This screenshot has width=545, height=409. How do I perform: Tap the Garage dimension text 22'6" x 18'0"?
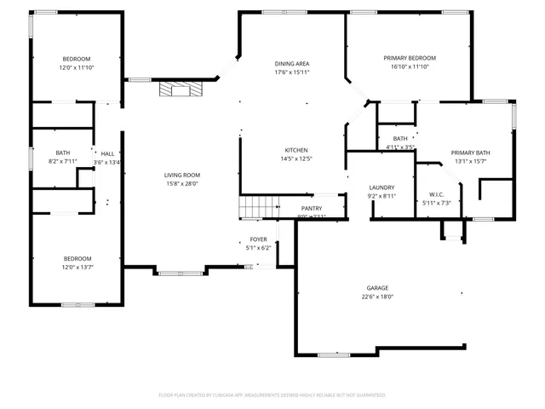click(377, 297)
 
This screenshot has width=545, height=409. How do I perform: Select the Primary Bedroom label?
click(410, 57)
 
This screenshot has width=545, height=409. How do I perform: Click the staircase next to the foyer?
click(258, 207)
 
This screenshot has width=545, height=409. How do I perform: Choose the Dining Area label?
click(291, 64)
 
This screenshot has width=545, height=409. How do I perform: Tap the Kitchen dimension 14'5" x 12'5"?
click(295, 158)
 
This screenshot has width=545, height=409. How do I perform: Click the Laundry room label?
click(381, 187)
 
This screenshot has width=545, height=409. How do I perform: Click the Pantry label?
click(312, 208)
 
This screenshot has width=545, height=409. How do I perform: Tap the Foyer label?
click(258, 239)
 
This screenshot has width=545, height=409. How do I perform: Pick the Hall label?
click(107, 153)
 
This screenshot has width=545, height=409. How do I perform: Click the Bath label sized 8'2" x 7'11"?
click(63, 153)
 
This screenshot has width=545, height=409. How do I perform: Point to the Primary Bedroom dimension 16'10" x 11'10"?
click(410, 66)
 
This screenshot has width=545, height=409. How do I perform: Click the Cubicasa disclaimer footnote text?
click(272, 395)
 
